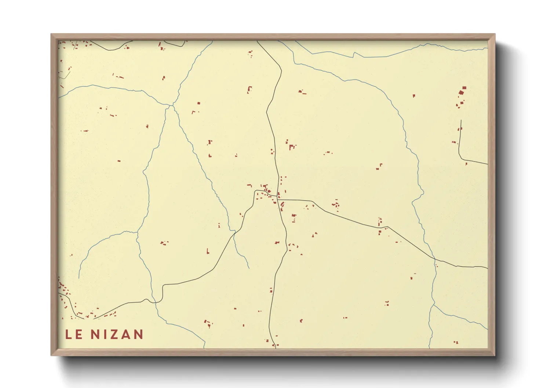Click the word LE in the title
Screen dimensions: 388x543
pos(73,334)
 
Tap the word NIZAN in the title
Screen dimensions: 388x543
pos(117,334)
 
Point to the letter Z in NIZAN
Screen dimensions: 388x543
pos(114,334)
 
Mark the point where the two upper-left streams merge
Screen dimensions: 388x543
pos(172,106)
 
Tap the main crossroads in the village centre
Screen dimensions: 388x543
pos(279,199)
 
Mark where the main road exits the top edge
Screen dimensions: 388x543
pos(257,41)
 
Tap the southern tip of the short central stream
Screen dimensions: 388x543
pos(249,268)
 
